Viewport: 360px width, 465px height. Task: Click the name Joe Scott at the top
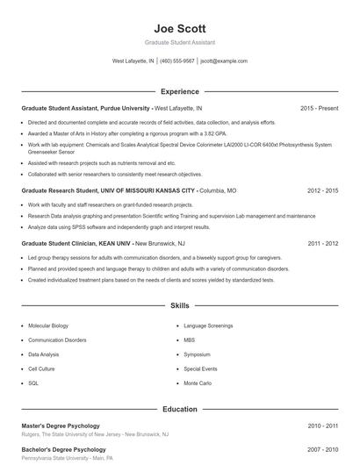pyautogui.click(x=179, y=26)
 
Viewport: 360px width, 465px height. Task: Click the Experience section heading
pyautogui.click(x=179, y=91)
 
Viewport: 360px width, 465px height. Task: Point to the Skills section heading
pyautogui.click(x=179, y=306)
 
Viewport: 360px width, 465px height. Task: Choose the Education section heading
pyautogui.click(x=179, y=409)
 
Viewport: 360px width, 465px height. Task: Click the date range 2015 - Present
pyautogui.click(x=319, y=108)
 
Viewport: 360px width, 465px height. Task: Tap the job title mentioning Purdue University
pyautogui.click(x=86, y=108)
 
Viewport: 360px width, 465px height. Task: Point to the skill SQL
pyautogui.click(x=33, y=383)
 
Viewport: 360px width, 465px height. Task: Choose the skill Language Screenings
pyautogui.click(x=207, y=325)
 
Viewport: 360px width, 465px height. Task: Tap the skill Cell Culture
pyautogui.click(x=42, y=369)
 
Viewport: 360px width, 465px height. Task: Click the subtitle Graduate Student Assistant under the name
pyautogui.click(x=179, y=42)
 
